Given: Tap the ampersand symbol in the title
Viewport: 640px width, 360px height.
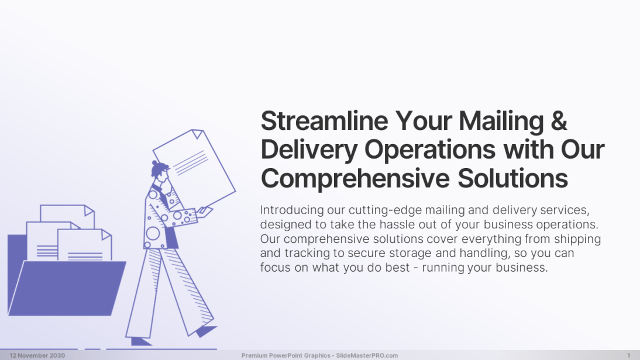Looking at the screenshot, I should [x=559, y=122].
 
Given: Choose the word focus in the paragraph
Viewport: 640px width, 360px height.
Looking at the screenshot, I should [x=274, y=268].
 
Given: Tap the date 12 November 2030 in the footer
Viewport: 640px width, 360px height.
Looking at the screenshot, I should [x=37, y=355].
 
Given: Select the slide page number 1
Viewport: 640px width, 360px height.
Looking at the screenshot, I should [x=628, y=355].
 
